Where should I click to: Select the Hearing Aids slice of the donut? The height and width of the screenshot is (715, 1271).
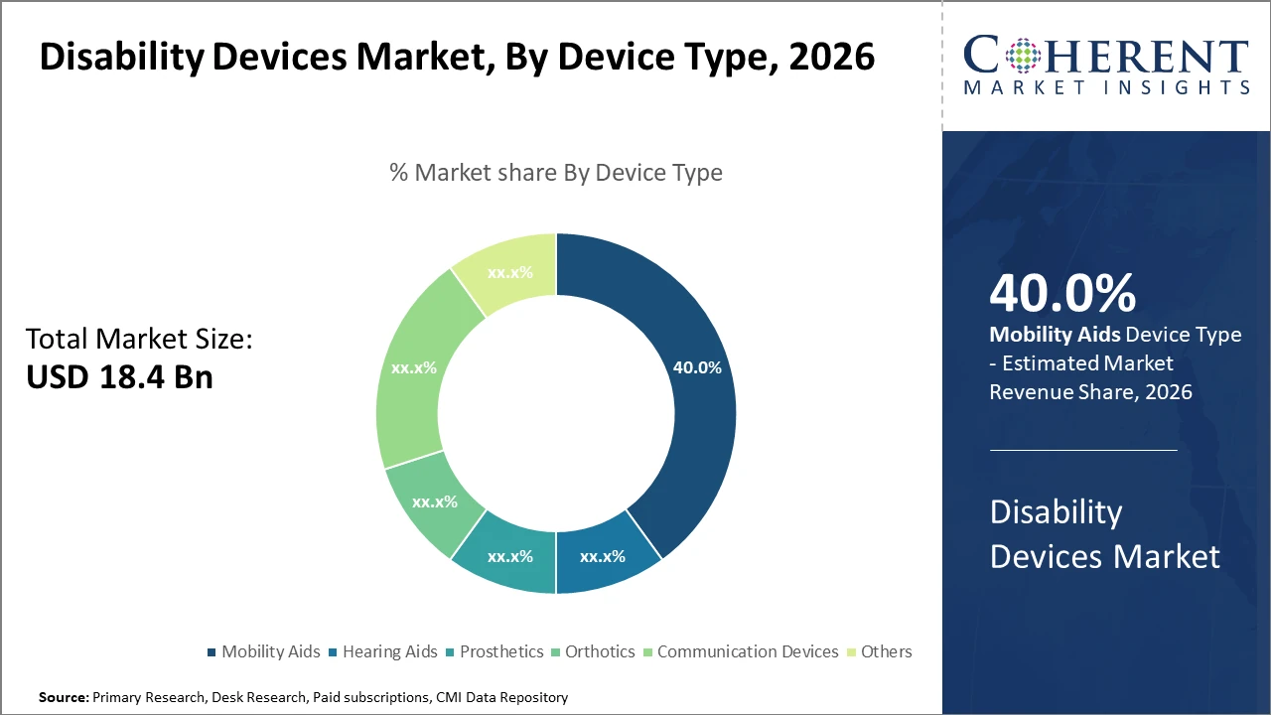point(604,555)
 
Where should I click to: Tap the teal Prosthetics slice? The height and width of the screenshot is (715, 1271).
point(508,555)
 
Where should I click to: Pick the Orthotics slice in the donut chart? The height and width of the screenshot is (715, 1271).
point(433,502)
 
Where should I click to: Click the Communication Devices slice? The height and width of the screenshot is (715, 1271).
point(412,367)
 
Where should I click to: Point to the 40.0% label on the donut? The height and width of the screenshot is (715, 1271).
point(697,366)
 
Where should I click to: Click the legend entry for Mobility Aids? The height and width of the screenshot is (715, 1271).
point(263,651)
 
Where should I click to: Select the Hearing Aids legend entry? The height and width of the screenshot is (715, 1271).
point(382,651)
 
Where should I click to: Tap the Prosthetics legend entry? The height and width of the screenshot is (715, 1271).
point(494,651)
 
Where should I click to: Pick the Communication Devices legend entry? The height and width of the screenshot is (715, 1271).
point(740,651)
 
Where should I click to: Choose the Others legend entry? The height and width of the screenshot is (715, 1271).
point(879,651)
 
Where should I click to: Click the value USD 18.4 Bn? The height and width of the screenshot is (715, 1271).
point(119,377)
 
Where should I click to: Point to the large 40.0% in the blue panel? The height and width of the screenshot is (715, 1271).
point(1062,293)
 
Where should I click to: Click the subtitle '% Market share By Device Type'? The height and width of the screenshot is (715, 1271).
point(556,173)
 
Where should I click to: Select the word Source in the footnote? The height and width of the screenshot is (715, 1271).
point(63,698)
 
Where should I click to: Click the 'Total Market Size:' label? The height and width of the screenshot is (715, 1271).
point(139,340)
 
